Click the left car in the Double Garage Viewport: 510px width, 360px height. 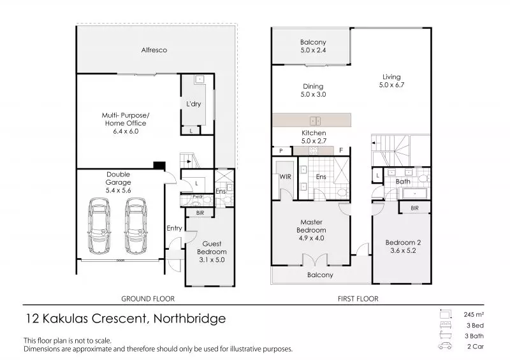point(99,225)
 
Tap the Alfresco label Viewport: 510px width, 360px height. point(154,50)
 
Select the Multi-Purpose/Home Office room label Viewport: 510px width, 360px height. point(124,123)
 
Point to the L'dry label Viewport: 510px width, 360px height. point(193,104)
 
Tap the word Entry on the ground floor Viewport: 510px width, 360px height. point(174,229)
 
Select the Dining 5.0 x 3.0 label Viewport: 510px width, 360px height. point(313,90)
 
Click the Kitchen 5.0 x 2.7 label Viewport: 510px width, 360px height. point(314,137)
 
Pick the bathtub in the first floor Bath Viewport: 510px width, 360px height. point(416,193)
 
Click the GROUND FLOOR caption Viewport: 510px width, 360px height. point(148,298)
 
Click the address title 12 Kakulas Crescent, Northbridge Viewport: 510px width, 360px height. point(124,318)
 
